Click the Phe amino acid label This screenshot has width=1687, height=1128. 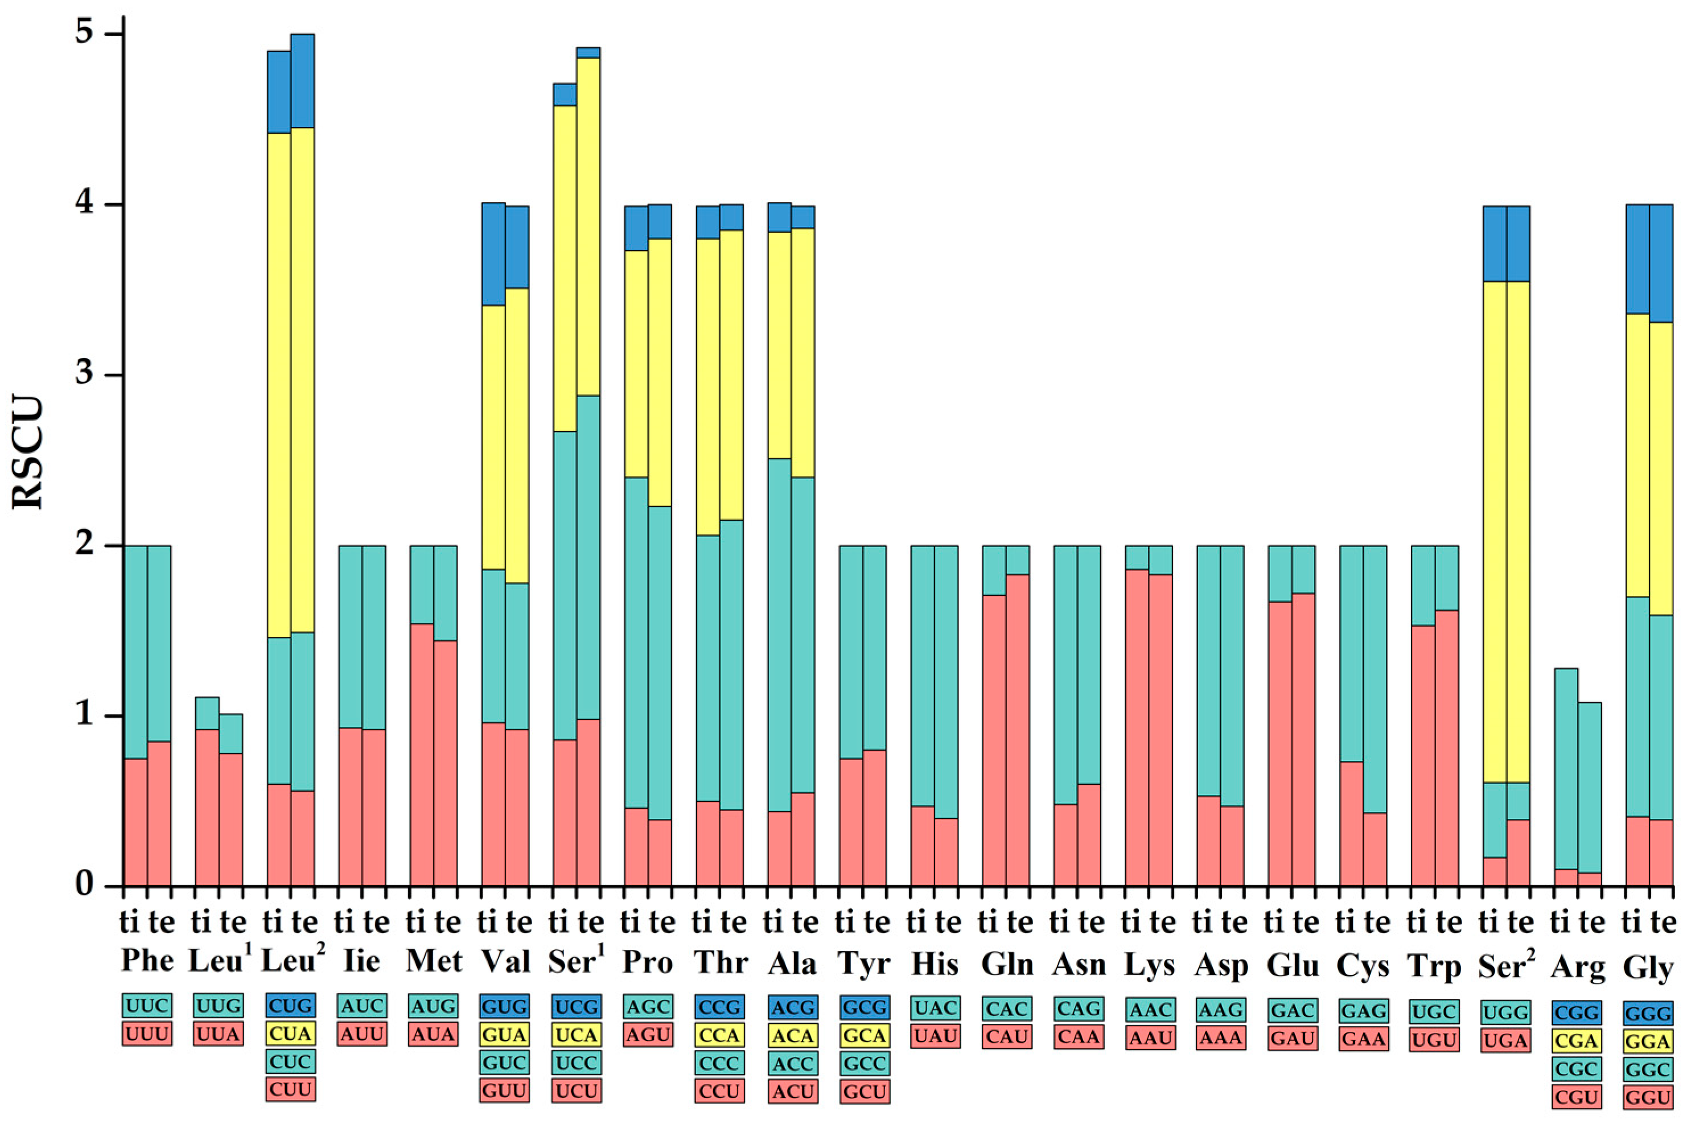[147, 960]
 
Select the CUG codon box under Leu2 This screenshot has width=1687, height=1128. [290, 1005]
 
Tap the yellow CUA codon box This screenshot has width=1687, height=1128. [290, 1034]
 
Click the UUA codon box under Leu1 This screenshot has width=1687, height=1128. [219, 1034]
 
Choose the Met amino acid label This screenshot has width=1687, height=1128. [433, 961]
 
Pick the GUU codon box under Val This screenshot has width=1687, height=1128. [504, 1090]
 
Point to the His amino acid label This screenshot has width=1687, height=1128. [934, 962]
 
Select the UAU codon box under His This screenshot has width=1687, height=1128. [935, 1036]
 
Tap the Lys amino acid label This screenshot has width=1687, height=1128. [1149, 965]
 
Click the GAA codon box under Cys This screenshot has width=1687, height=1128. [1363, 1039]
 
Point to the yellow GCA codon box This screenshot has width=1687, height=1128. [863, 1035]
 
